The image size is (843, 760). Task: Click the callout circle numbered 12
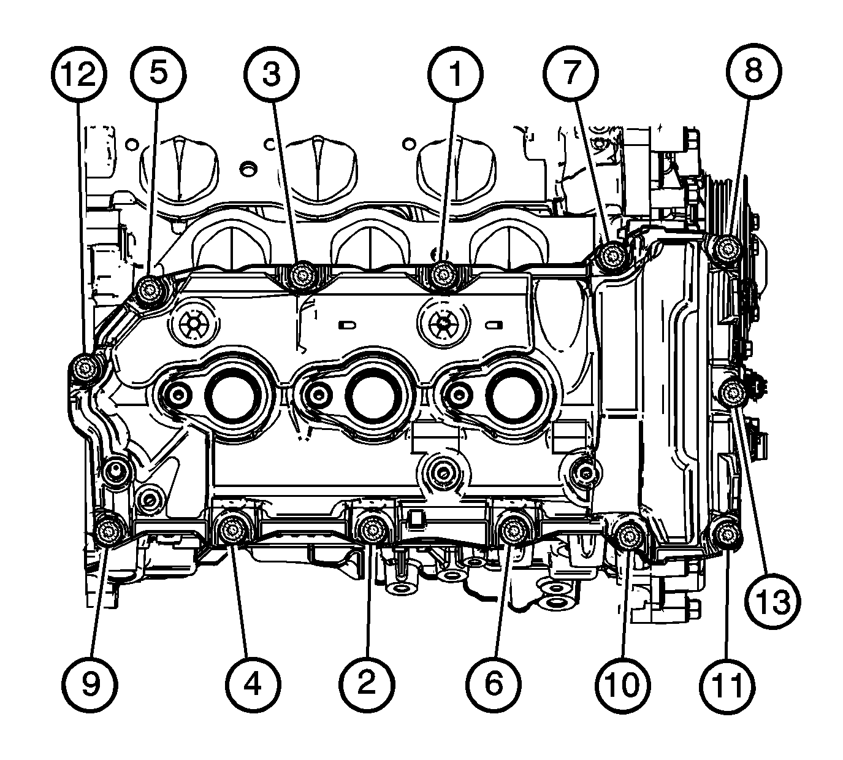pos(79,74)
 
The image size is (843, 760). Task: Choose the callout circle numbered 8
pos(754,72)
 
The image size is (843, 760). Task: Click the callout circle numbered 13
pos(772,602)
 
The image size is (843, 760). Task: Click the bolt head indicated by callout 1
pos(441,275)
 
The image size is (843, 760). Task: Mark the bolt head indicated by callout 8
pos(724,250)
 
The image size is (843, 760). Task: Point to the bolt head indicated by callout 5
pos(150,291)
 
